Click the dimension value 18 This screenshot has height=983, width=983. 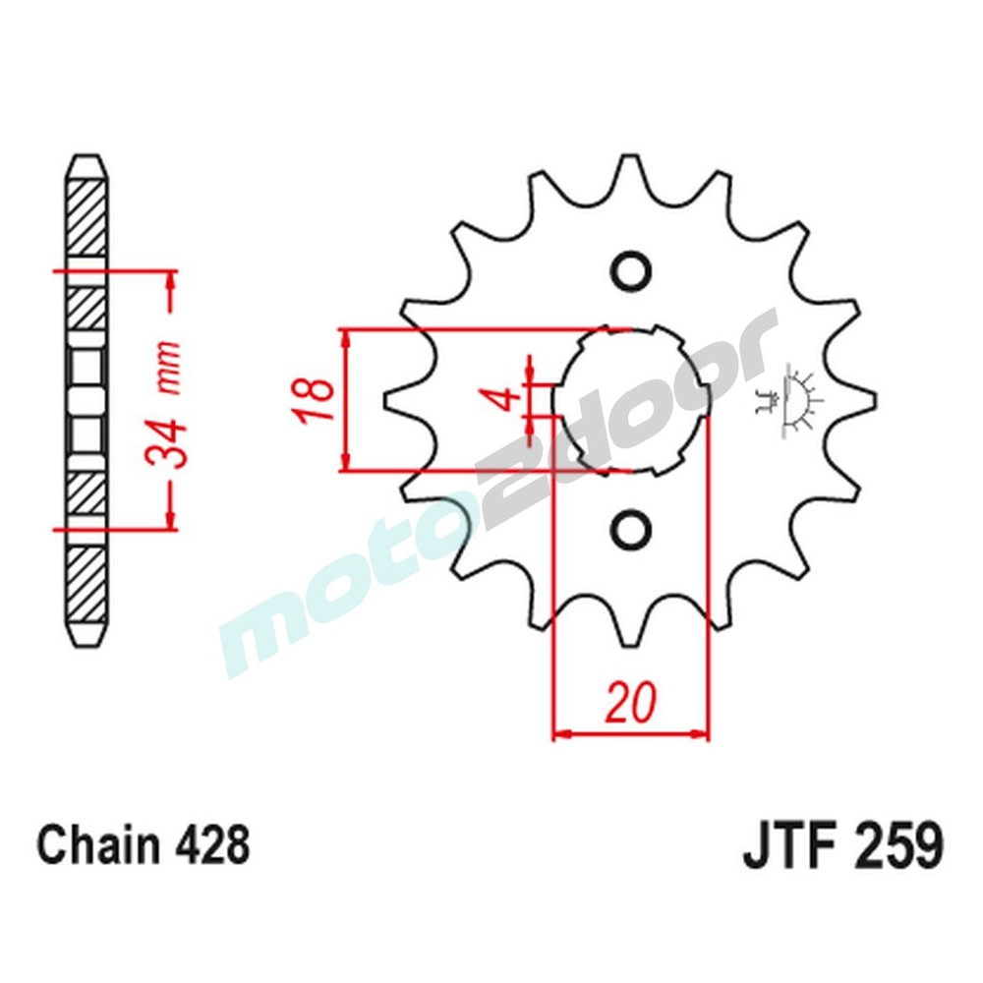point(312,400)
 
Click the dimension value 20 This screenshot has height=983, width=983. point(629,703)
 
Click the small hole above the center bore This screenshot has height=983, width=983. point(631,270)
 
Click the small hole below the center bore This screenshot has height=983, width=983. point(631,530)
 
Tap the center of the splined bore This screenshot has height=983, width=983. point(630,400)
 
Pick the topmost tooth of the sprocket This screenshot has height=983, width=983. point(630,172)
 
